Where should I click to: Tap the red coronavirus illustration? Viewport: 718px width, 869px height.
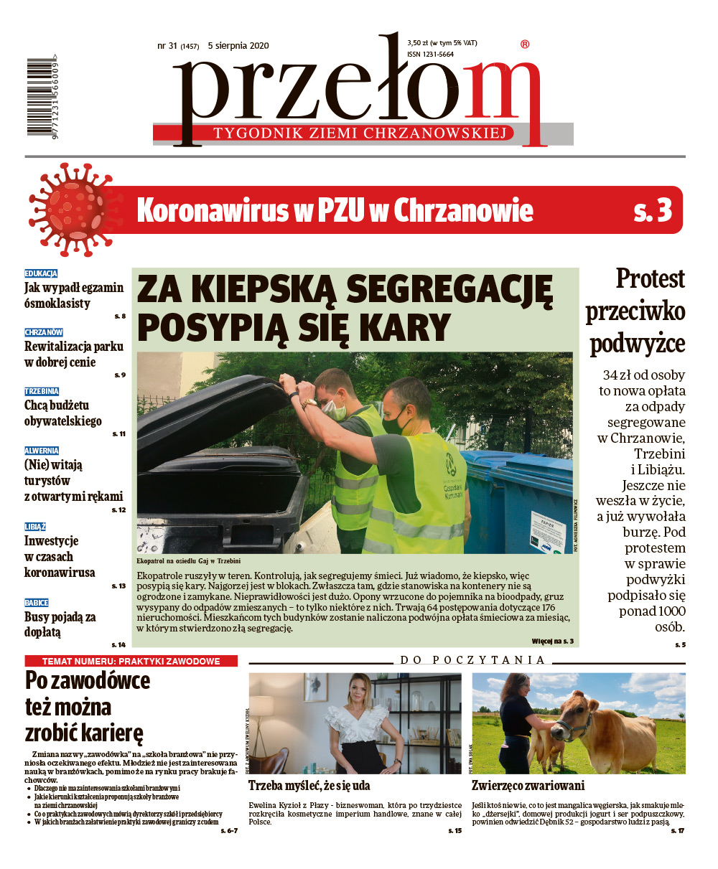click(x=69, y=210)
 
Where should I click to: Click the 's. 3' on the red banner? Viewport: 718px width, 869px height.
click(x=653, y=210)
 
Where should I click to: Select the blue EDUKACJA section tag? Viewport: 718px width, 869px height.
click(x=41, y=273)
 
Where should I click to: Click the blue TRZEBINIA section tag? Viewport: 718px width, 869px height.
click(x=42, y=391)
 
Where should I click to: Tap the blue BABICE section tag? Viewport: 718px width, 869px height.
click(x=37, y=603)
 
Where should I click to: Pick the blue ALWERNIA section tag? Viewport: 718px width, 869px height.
click(x=42, y=451)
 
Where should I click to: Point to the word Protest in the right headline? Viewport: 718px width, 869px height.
click(x=650, y=278)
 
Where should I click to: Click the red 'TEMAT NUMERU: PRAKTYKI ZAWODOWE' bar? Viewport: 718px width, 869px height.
click(x=131, y=661)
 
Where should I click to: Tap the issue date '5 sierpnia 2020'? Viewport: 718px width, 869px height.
click(x=238, y=45)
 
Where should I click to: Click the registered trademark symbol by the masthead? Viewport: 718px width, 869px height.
click(x=524, y=44)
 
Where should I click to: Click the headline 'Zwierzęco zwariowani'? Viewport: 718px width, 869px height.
click(x=528, y=786)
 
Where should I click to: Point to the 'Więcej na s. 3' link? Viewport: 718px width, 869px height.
click(x=552, y=640)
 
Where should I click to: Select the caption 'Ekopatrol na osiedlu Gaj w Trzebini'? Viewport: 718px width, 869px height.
click(x=188, y=560)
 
